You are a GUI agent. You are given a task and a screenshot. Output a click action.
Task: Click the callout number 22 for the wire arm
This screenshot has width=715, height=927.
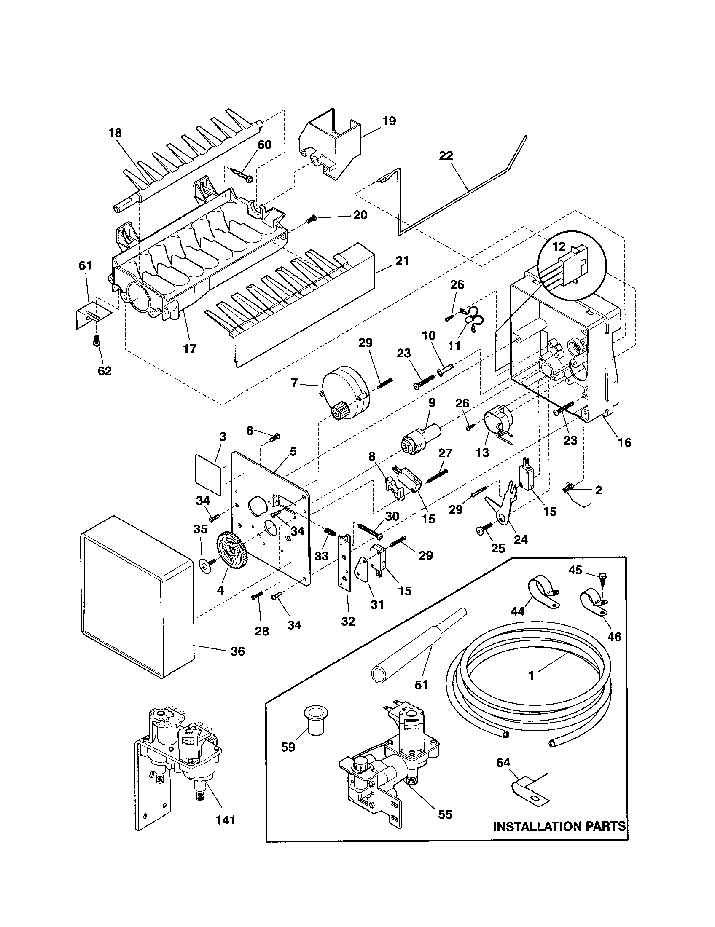coord(446,156)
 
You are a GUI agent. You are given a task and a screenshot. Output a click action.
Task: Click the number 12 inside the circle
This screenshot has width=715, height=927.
coord(559,246)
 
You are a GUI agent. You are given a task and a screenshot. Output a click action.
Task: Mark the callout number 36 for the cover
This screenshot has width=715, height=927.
coord(237,651)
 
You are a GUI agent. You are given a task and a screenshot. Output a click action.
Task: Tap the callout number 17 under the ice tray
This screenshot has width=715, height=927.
coord(189,348)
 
